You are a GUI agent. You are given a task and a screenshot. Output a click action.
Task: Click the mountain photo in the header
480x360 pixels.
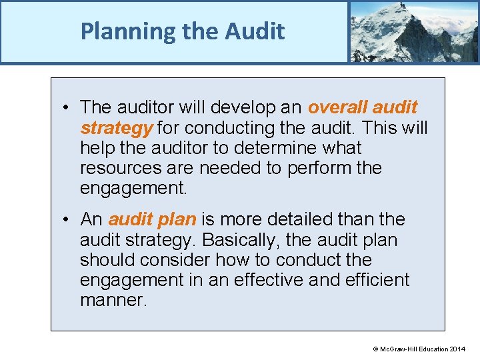413,31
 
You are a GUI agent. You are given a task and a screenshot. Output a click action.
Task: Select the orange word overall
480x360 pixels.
337,107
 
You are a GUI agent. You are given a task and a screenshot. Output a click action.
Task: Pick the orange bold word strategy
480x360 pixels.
117,127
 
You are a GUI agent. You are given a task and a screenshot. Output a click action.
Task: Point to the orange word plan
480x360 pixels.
175,219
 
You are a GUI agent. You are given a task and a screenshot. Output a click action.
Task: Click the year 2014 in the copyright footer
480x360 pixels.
458,349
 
